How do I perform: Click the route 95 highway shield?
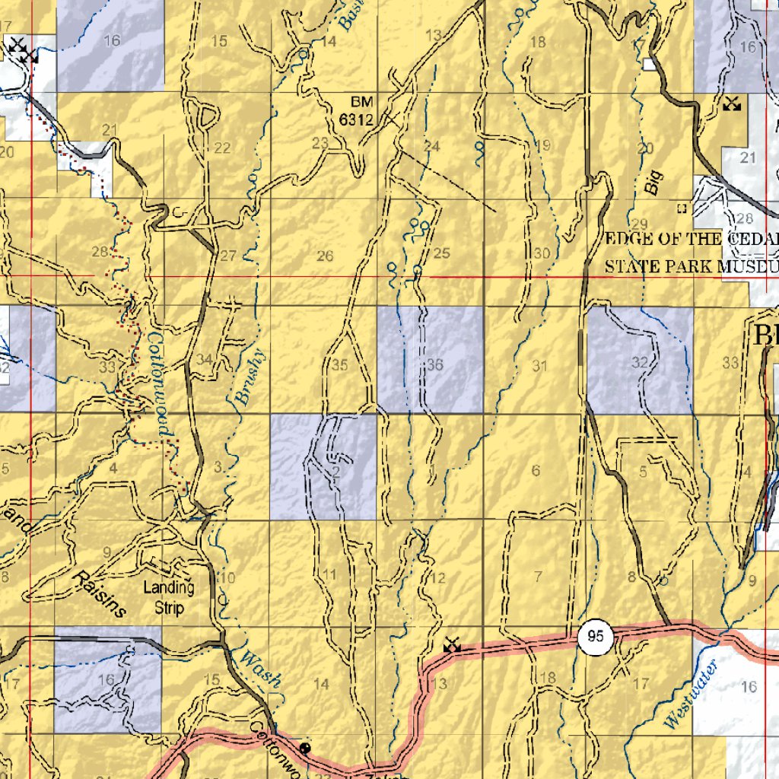pyautogui.click(x=596, y=637)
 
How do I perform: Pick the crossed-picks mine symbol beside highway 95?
pyautogui.click(x=453, y=644)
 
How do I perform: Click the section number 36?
pyautogui.click(x=434, y=365)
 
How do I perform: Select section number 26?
pyautogui.click(x=325, y=256)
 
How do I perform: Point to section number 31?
pyautogui.click(x=540, y=366)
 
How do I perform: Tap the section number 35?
pyautogui.click(x=339, y=365)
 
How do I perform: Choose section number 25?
pyautogui.click(x=442, y=253)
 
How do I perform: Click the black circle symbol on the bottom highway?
pyautogui.click(x=306, y=748)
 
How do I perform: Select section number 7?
pyautogui.click(x=539, y=575)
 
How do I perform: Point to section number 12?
pyautogui.click(x=437, y=578)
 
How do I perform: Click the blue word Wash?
pyautogui.click(x=259, y=667)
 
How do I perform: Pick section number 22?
pyautogui.click(x=222, y=148)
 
